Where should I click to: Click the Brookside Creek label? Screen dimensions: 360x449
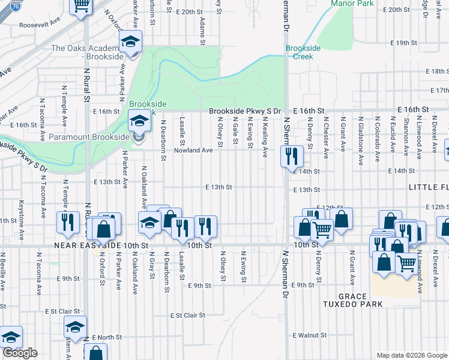point(299,52)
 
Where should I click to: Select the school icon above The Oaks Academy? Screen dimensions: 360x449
point(129,43)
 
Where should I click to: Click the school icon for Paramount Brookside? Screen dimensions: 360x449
point(139,122)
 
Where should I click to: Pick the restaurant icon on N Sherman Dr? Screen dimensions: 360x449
point(292,157)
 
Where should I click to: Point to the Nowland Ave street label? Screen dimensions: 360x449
point(193,151)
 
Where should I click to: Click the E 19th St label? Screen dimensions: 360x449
point(403,43)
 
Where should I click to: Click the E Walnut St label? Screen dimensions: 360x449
point(309,335)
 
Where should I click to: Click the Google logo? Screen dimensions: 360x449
point(20,353)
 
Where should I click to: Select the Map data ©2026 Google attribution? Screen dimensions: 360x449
point(412,355)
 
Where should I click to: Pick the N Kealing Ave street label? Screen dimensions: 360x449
point(265,137)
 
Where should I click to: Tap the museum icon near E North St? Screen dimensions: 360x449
point(76,328)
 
